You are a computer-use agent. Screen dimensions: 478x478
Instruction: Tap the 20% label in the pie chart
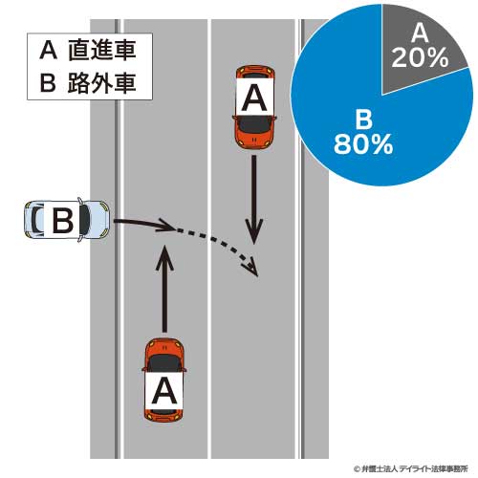tap(420, 57)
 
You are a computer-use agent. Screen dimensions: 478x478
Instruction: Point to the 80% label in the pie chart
tap(363, 144)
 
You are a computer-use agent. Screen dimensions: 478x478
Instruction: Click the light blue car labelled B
tap(67, 220)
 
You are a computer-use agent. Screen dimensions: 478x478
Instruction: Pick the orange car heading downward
tap(254, 107)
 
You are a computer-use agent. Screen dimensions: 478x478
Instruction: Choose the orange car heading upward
tap(163, 380)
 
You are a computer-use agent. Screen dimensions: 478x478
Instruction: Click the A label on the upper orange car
tap(254, 98)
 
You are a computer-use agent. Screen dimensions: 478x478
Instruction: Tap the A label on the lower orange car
tap(163, 390)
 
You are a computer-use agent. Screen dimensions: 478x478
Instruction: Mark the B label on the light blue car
tap(62, 220)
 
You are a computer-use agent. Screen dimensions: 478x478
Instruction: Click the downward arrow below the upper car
tap(254, 200)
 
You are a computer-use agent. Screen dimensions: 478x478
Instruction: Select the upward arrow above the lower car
tap(164, 289)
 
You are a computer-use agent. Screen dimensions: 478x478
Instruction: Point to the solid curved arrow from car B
tap(143, 223)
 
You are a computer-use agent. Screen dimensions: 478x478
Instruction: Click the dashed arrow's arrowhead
tap(251, 265)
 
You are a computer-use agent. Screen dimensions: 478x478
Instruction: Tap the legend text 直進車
tap(102, 51)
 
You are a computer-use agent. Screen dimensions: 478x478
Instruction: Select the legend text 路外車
tap(102, 83)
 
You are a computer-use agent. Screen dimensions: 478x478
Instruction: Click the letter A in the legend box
tap(49, 51)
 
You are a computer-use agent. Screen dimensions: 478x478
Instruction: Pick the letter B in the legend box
tap(48, 84)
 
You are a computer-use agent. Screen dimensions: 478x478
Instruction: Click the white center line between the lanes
tap(209, 239)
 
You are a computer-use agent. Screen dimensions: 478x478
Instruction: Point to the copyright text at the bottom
tap(411, 468)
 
